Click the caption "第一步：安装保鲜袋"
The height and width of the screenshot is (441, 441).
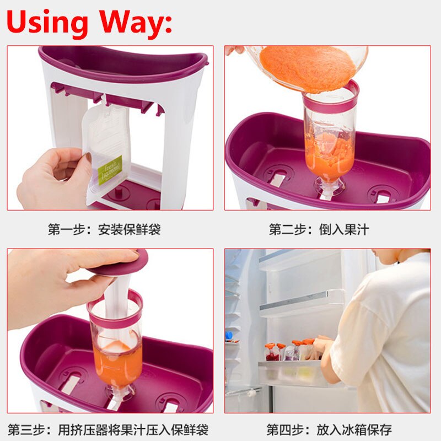(x=104, y=229)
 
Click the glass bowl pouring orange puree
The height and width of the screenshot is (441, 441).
(x=309, y=66)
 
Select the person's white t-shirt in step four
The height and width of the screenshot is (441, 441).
(x=386, y=336)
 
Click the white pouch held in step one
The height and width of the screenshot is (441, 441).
(x=105, y=149)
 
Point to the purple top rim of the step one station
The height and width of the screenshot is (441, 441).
(x=121, y=58)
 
